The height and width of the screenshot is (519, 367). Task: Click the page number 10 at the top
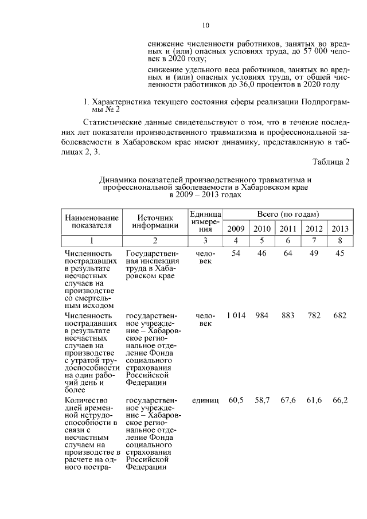206,25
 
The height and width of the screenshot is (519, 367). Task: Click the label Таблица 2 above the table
331,161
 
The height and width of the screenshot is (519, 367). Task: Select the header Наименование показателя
92,221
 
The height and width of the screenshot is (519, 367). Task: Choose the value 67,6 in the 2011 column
287,400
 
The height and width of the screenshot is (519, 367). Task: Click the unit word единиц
206,400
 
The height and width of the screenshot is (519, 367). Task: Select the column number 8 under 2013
340,240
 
